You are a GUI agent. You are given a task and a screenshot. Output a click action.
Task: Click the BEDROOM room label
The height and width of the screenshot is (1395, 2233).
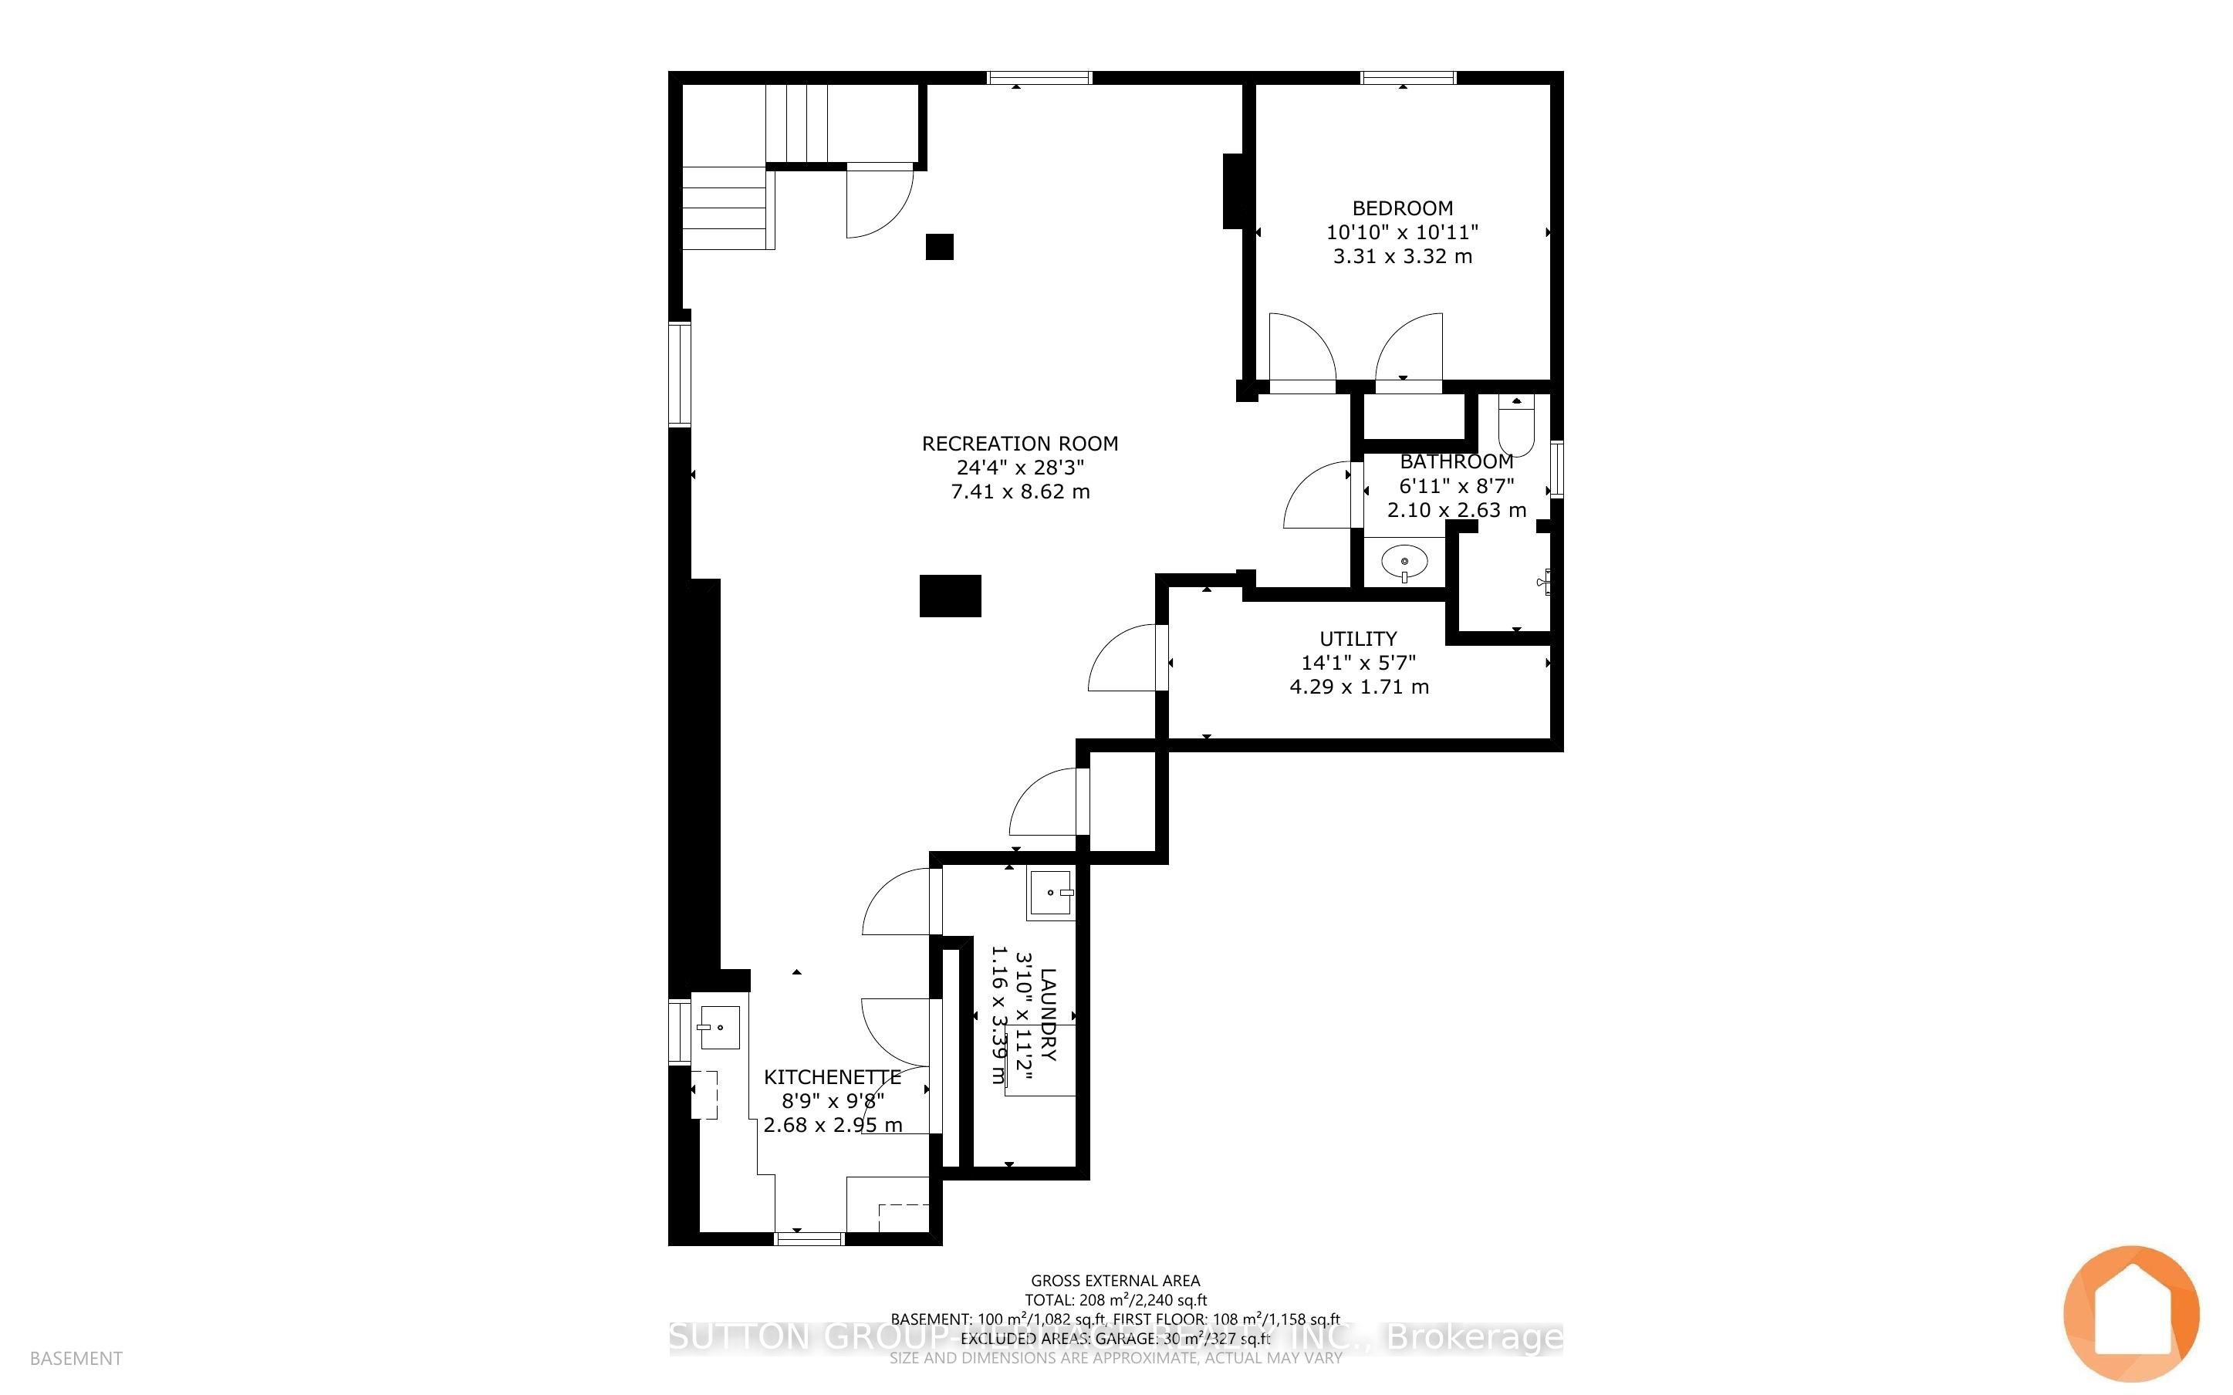coord(1402,208)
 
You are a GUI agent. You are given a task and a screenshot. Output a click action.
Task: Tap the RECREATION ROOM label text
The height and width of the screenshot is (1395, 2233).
coord(1019,444)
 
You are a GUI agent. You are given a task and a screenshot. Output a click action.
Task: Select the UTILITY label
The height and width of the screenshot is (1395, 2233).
coord(1358,638)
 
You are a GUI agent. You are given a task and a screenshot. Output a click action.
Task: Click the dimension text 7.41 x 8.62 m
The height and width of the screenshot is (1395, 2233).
coord(1020,491)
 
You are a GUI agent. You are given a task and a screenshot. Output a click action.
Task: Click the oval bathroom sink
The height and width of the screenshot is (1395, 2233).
coord(1404,561)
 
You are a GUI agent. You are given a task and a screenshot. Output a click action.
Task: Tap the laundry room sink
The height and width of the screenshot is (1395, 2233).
coord(1052,893)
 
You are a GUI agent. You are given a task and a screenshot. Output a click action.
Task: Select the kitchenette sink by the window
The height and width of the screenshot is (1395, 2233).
coord(719,1027)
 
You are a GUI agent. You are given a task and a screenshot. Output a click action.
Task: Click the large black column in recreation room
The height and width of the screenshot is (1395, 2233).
coord(950,596)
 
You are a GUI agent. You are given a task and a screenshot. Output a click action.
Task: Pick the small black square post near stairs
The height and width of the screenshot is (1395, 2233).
coord(939,246)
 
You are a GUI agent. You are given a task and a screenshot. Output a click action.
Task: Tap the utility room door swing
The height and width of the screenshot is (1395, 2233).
coord(1123,659)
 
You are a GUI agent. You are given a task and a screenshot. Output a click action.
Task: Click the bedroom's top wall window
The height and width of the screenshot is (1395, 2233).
coord(1408,77)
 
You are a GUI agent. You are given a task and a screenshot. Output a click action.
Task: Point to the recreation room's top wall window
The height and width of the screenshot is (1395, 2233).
coord(1039,77)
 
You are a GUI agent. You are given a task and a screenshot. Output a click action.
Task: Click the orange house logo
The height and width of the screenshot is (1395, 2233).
coord(2130,1313)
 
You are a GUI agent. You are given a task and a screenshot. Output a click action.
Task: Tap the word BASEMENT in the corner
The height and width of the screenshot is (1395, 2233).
coord(76,1358)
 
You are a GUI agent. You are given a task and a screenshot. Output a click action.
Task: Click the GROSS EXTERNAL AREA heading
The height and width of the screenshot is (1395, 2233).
coord(1115,1281)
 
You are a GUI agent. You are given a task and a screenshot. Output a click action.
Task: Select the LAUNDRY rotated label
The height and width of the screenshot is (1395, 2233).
coord(1049,1014)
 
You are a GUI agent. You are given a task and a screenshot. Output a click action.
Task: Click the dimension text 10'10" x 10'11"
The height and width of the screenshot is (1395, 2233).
coord(1402,232)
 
